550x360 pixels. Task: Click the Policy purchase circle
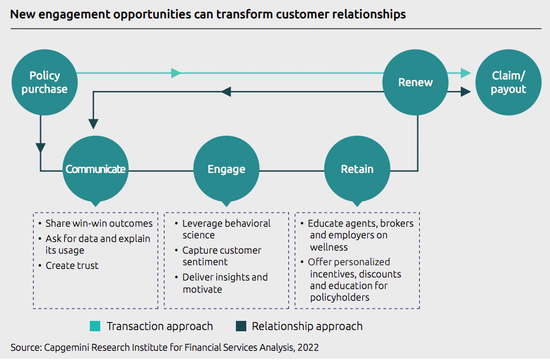click(x=45, y=83)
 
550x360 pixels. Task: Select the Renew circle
click(x=416, y=83)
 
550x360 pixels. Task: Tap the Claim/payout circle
click(x=508, y=83)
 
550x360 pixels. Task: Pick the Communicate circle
click(x=96, y=169)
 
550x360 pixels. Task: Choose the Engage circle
click(x=226, y=169)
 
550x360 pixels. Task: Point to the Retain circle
click(x=357, y=169)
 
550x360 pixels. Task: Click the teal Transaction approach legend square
click(x=95, y=326)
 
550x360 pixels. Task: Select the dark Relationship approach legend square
click(x=240, y=326)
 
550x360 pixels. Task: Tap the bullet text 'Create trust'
click(x=71, y=265)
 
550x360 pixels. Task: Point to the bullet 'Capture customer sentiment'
click(x=221, y=256)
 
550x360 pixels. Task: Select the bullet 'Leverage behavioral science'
click(x=226, y=229)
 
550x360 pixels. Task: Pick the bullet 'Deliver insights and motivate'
click(x=224, y=283)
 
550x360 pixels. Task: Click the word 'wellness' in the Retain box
click(x=329, y=247)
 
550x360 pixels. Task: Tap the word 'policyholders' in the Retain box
click(x=340, y=298)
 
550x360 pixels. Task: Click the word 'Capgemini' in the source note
click(x=67, y=347)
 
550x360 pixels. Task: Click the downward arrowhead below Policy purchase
click(x=40, y=147)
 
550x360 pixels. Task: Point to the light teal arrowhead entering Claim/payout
click(x=466, y=73)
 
